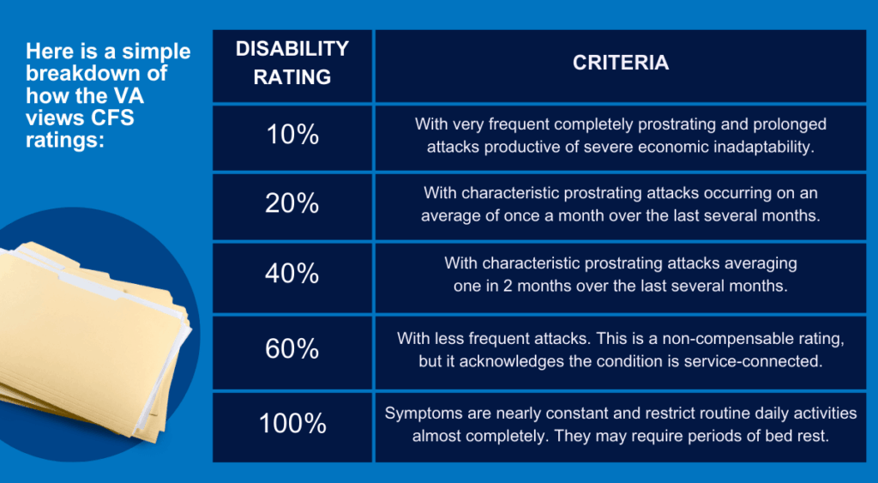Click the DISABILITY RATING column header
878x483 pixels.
(292, 63)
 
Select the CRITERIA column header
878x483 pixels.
(621, 63)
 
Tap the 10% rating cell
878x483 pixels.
(292, 136)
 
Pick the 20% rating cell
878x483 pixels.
(292, 205)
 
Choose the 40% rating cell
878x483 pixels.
(292, 275)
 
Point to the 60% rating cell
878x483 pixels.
(292, 350)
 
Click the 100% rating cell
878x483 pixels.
(292, 424)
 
